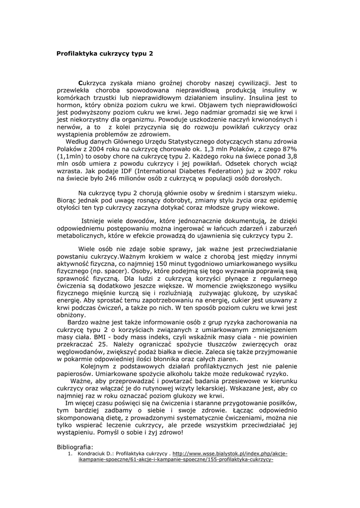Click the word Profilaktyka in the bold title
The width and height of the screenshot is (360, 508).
(77, 53)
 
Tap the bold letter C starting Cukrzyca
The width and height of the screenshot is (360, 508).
(80, 84)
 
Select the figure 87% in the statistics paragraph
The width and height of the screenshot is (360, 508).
(289, 150)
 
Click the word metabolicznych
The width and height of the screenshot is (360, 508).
(83, 236)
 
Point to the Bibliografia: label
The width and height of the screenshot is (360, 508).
(75, 446)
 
